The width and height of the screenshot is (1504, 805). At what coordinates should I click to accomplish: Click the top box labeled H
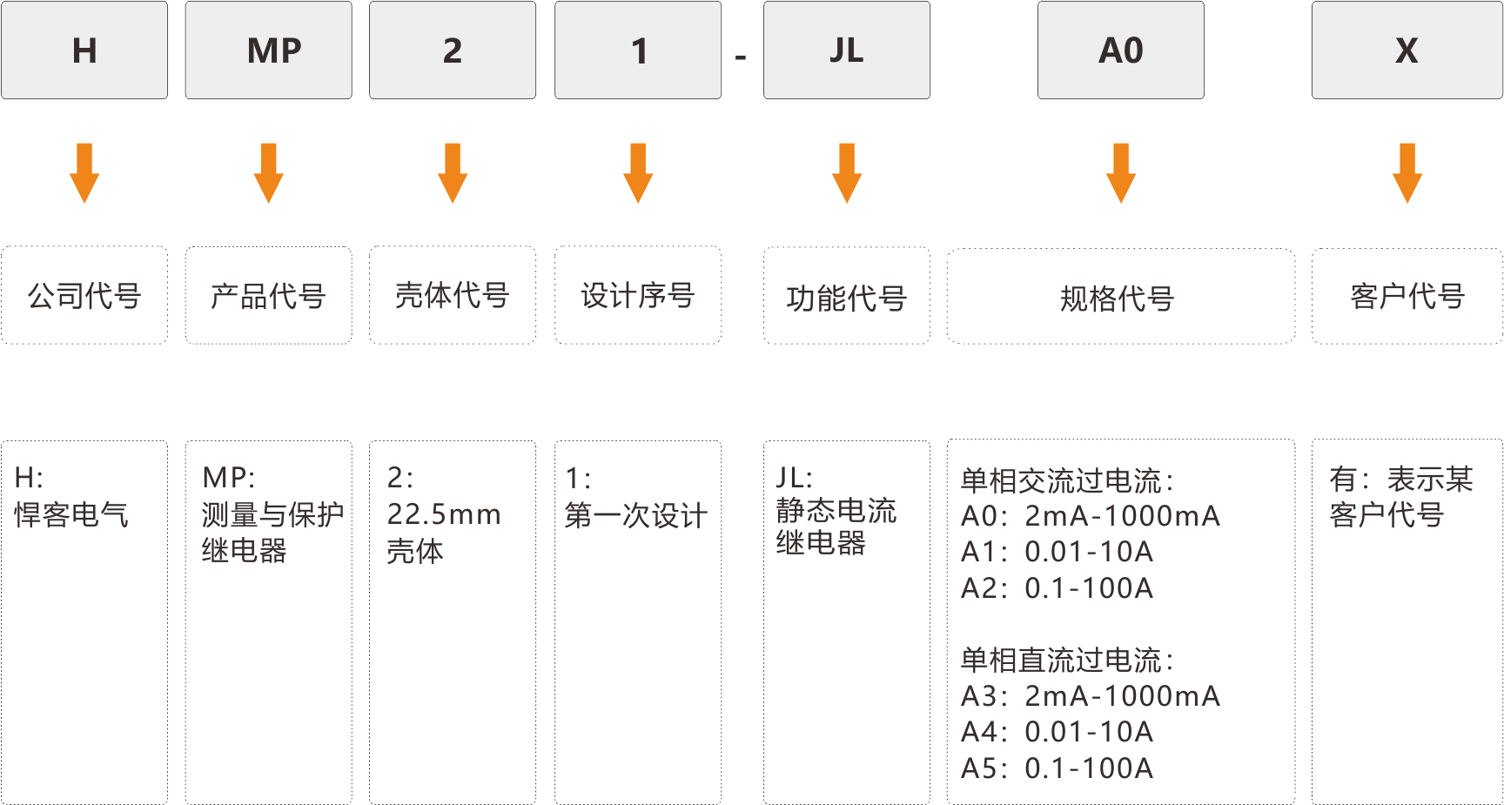pyautogui.click(x=84, y=50)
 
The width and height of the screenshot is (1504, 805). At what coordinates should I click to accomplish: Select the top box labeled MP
pyautogui.click(x=269, y=50)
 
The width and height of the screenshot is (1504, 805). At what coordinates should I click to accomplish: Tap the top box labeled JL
pyautogui.click(x=847, y=50)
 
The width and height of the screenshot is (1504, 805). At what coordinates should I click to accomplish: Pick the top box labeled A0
pyautogui.click(x=1121, y=50)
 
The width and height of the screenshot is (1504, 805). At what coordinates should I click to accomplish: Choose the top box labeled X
pyautogui.click(x=1407, y=50)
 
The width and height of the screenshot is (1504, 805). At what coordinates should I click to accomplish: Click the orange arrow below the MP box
pyautogui.click(x=269, y=173)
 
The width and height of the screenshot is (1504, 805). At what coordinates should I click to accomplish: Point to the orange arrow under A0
pyautogui.click(x=1121, y=173)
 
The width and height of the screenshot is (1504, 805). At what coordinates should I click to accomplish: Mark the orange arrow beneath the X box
pyautogui.click(x=1407, y=173)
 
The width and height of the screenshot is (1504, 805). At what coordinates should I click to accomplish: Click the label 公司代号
pyautogui.click(x=84, y=296)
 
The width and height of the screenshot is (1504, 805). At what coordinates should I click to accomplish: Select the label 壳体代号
pyautogui.click(x=453, y=296)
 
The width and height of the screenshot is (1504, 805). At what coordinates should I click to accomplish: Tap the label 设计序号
pyautogui.click(x=638, y=296)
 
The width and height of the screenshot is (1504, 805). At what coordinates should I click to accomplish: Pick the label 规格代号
pyautogui.click(x=1118, y=299)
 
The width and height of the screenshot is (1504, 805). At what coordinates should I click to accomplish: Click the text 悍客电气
pyautogui.click(x=71, y=514)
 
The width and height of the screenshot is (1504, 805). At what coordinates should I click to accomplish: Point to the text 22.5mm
pyautogui.click(x=444, y=514)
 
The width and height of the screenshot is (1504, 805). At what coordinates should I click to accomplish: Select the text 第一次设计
pyautogui.click(x=636, y=515)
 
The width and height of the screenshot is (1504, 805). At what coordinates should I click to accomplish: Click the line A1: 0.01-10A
pyautogui.click(x=1057, y=552)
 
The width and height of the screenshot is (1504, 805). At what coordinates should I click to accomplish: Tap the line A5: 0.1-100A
pyautogui.click(x=1057, y=768)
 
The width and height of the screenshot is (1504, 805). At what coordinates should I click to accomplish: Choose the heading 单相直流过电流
pyautogui.click(x=1068, y=660)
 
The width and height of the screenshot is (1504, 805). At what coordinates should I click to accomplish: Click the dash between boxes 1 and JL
pyautogui.click(x=741, y=58)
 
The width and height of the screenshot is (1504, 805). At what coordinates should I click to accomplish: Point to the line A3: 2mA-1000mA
pyautogui.click(x=1091, y=696)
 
